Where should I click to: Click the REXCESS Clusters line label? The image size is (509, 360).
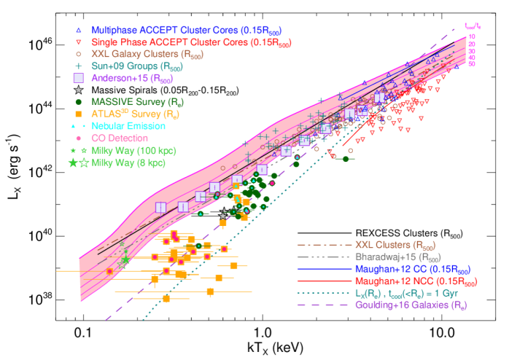[x=408, y=234]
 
